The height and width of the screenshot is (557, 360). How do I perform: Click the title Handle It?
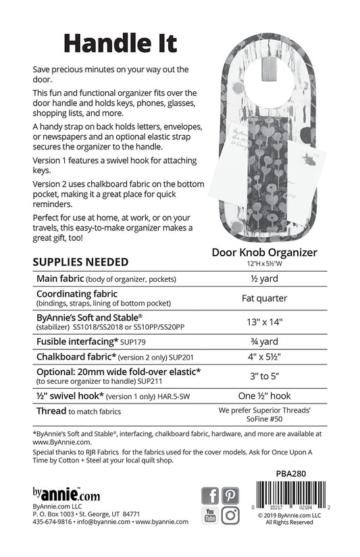(120, 41)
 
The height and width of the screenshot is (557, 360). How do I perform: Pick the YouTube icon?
(211, 514)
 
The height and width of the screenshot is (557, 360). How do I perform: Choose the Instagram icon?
(231, 514)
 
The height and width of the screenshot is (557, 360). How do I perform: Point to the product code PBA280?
(306, 473)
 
